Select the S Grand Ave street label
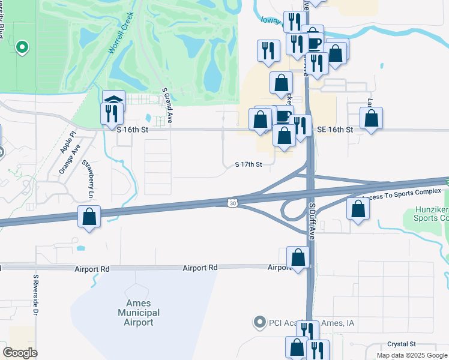168,107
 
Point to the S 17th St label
249,164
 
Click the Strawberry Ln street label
89,179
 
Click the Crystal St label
402,344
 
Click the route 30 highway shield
232,203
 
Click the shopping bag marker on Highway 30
89,217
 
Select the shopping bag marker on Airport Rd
298,258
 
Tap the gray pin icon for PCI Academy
259,323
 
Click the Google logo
20,353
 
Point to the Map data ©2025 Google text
411,355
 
